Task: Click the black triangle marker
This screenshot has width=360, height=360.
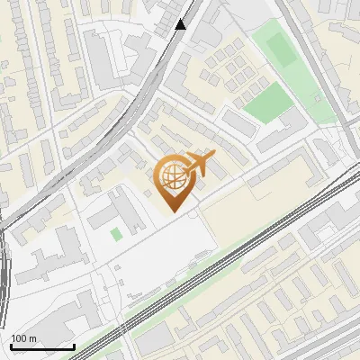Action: pyautogui.click(x=181, y=24)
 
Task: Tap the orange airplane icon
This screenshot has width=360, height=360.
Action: pyautogui.click(x=199, y=165)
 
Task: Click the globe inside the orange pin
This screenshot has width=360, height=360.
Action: pyautogui.click(x=174, y=176)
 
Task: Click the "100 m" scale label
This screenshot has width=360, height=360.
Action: pyautogui.click(x=23, y=338)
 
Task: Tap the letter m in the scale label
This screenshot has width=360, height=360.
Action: pyautogui.click(x=32, y=338)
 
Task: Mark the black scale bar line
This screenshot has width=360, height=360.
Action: pyautogui.click(x=42, y=346)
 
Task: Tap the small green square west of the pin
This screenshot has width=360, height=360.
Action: pyautogui.click(x=116, y=235)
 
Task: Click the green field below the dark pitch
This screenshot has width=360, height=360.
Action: pyautogui.click(x=268, y=103)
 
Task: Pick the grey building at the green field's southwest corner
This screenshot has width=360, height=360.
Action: pyautogui.click(x=239, y=121)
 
